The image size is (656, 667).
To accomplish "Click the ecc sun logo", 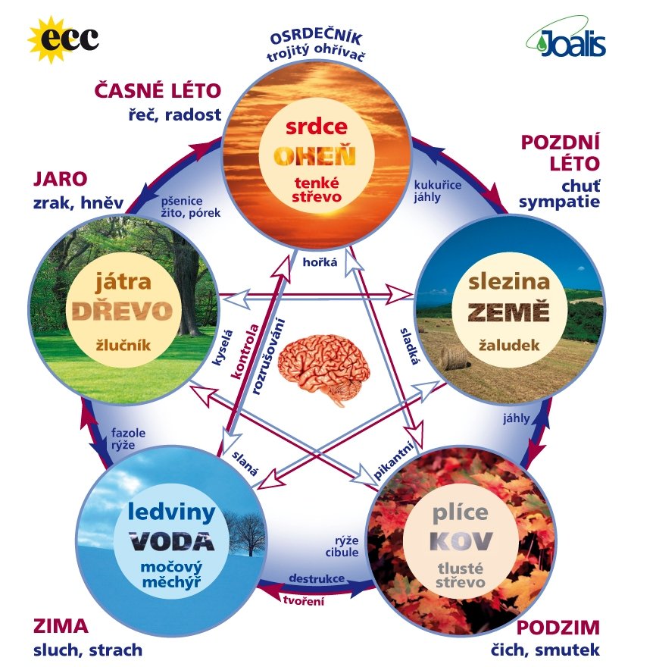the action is pos(63,39).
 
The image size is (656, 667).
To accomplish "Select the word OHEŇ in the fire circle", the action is pos(314,157).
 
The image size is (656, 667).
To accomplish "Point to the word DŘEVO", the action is pos(123,311).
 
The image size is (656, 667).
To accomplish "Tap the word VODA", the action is pos(172,541).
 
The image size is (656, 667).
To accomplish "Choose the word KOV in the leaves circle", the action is pos(461,541).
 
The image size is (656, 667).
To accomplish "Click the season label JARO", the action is pos(61,179).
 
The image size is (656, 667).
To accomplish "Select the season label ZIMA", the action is pos(61,627).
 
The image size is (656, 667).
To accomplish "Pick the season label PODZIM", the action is pos(558,628).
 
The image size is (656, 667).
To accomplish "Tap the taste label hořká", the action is pos(320,262).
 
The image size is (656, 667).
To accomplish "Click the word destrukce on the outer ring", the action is pos(317,578).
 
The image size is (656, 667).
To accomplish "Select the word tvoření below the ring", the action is pos(304,600).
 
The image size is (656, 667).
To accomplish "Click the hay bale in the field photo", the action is pos(454,356).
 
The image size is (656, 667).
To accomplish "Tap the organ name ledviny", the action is pos(172,512).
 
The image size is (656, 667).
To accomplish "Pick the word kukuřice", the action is pos(438,185).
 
